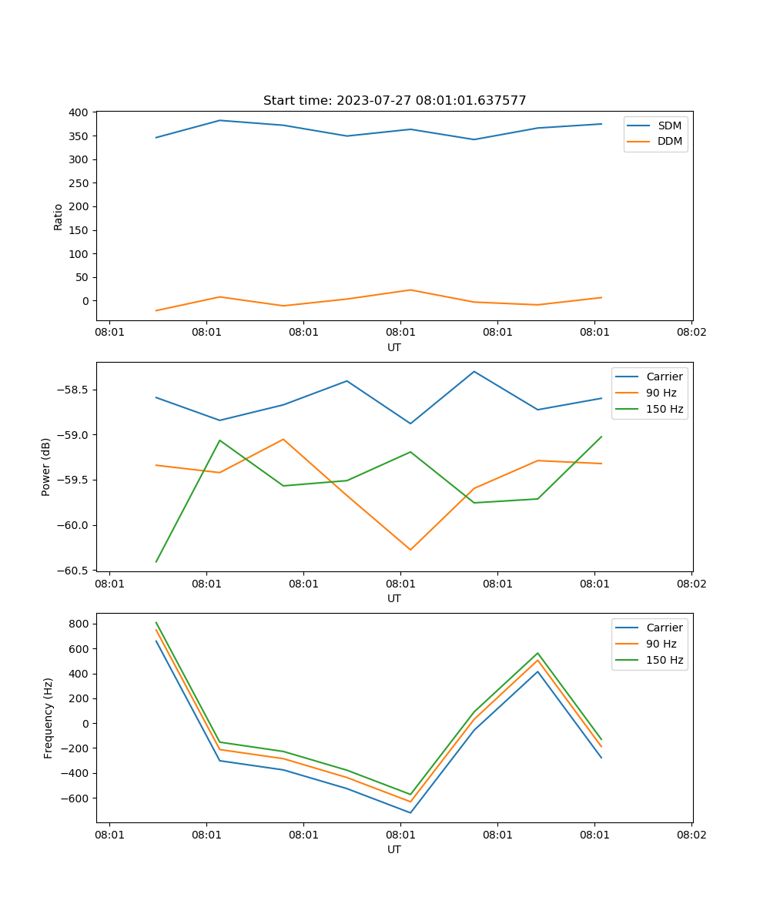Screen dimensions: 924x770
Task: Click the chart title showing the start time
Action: pos(394,101)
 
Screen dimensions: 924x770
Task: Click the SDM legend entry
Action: pos(669,126)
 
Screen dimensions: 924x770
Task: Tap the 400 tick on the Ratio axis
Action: pos(78,112)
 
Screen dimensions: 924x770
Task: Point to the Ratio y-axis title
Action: pos(59,216)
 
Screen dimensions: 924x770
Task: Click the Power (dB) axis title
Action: pos(46,467)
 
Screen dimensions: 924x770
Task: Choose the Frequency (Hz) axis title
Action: pos(49,718)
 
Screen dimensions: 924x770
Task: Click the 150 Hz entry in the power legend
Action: pos(665,409)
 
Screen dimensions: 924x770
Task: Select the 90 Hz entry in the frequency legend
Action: pos(661,644)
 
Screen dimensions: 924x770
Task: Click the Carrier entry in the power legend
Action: pos(664,377)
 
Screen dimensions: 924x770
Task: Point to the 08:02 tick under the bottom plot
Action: pos(691,833)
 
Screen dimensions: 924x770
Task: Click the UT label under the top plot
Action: pos(394,347)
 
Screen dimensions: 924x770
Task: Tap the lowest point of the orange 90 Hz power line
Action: pos(410,550)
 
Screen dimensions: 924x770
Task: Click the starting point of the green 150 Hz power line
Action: pos(156,561)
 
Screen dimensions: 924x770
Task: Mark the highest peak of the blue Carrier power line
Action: pos(474,371)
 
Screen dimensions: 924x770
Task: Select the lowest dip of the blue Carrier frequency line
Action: pos(410,812)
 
